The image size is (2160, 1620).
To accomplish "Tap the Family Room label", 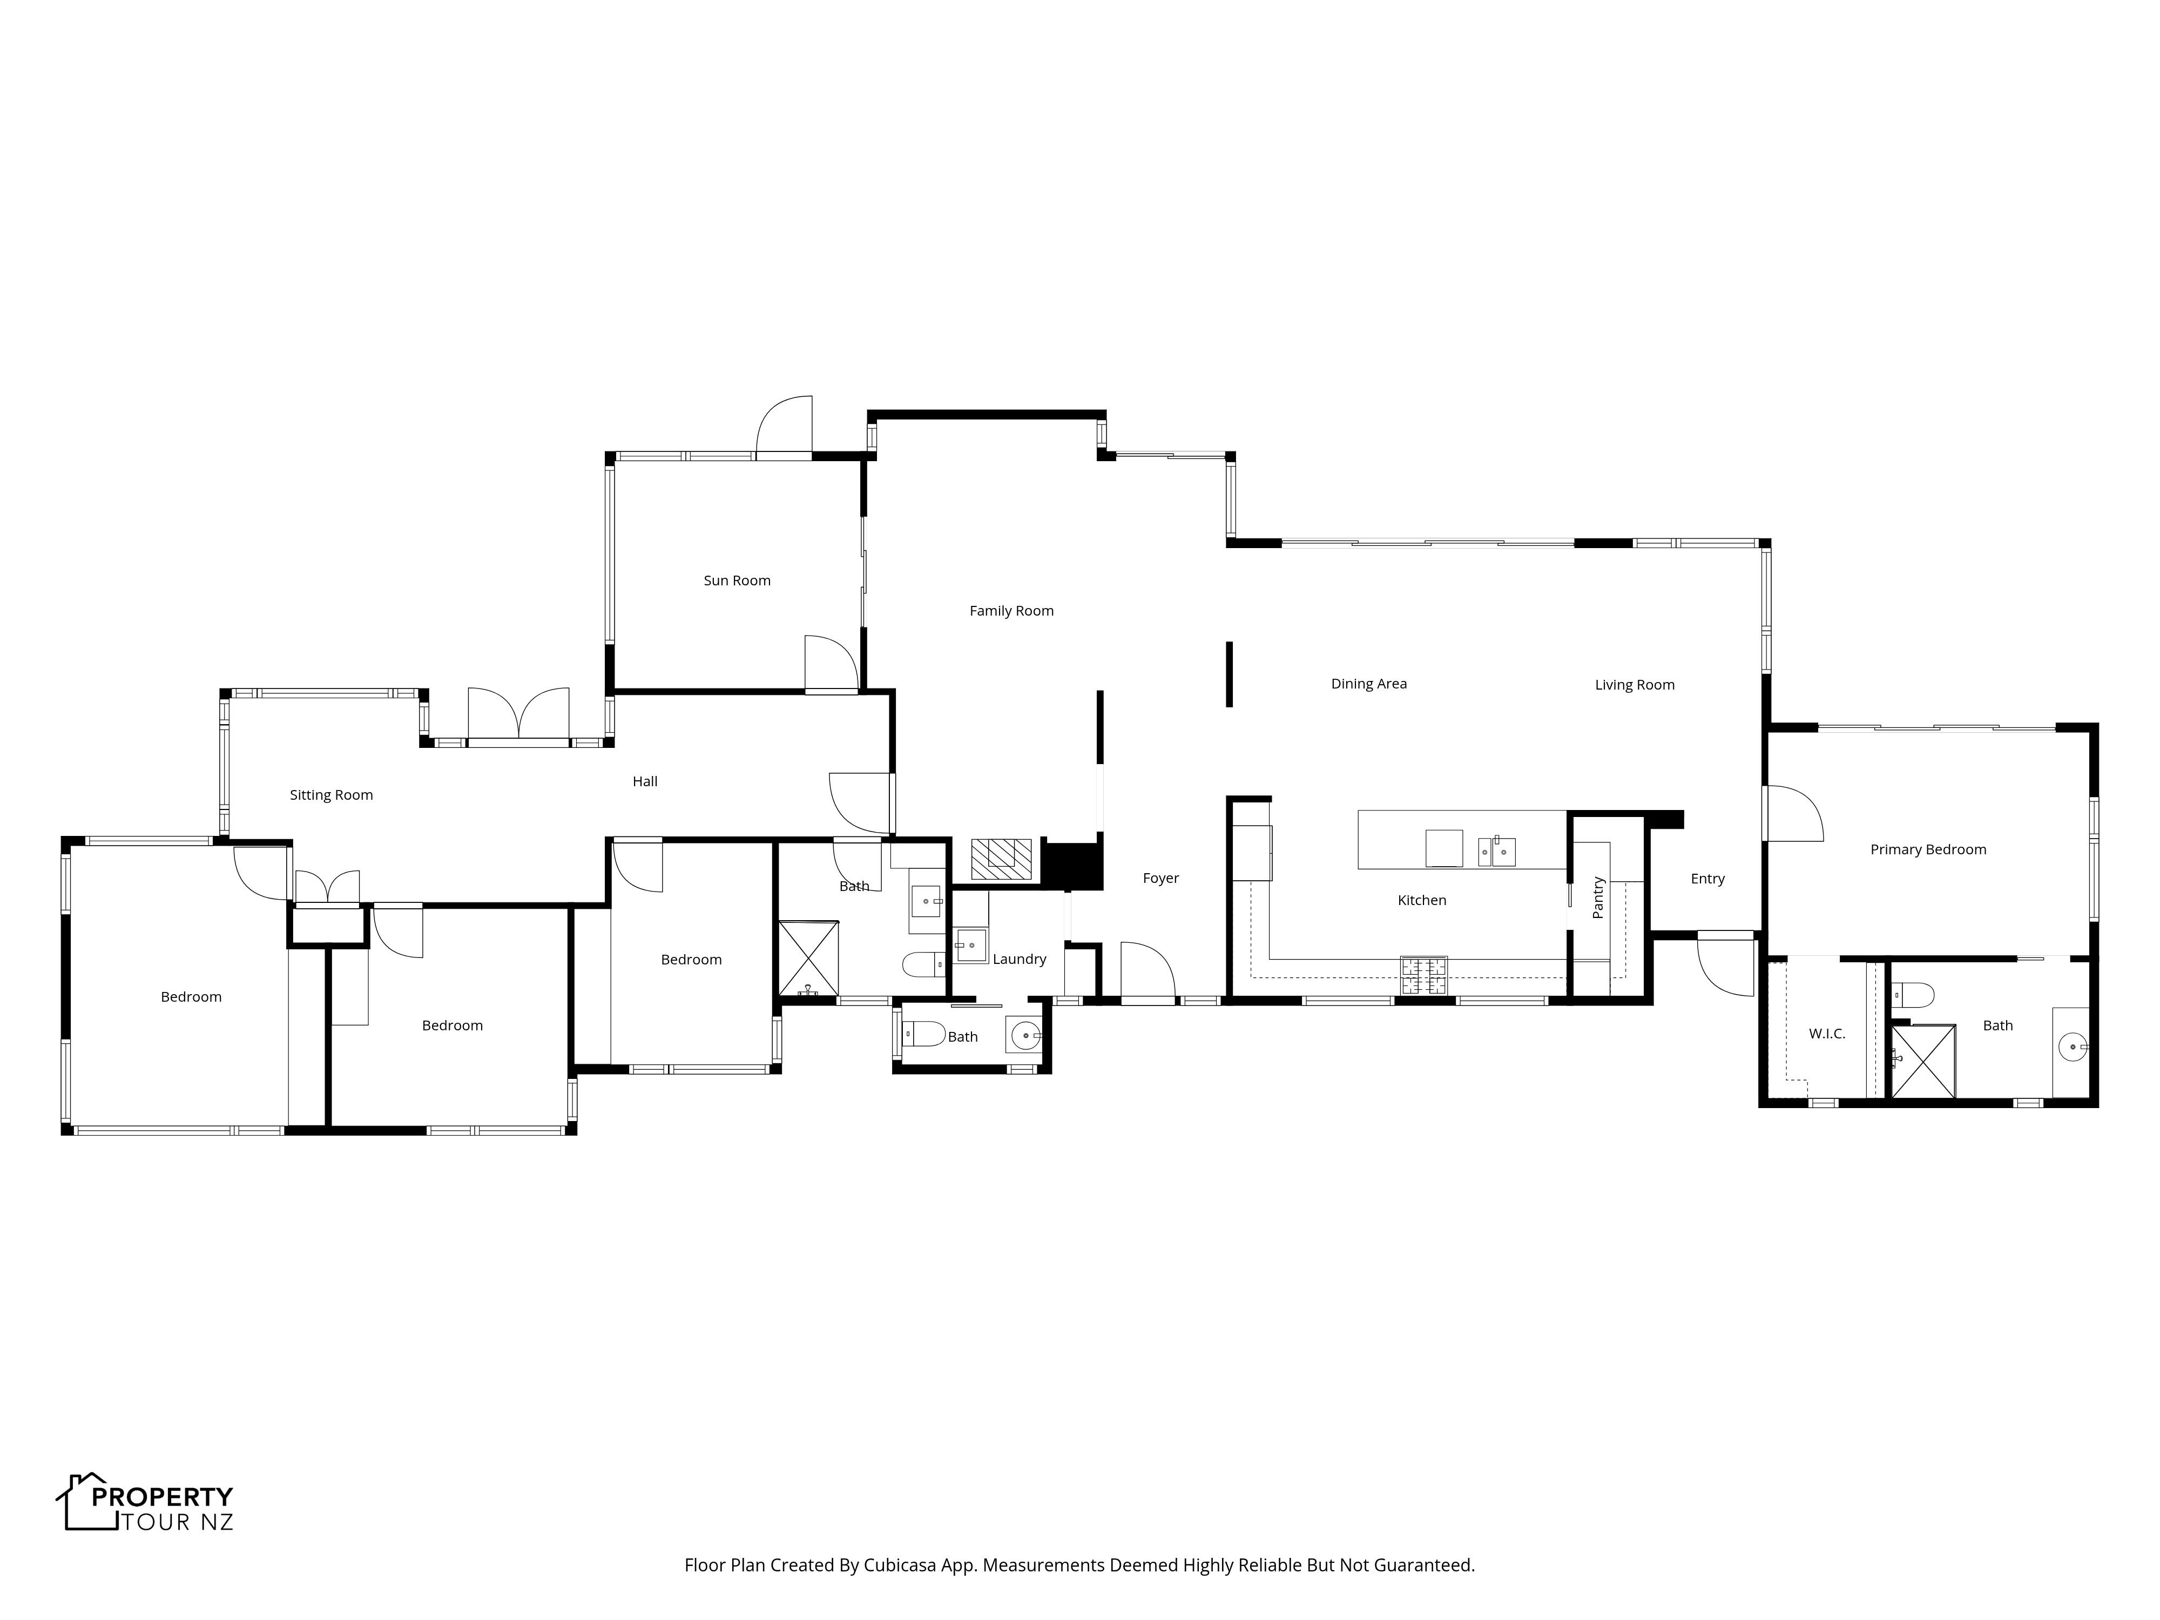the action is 1011,611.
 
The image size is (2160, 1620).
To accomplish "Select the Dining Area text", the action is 1369,684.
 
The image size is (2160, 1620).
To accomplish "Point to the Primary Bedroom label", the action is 1928,849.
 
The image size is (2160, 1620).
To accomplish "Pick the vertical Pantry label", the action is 1598,897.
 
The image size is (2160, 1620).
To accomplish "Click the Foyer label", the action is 1161,878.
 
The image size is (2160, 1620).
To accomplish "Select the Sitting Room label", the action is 331,795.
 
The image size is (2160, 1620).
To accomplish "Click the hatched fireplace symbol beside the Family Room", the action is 1001,859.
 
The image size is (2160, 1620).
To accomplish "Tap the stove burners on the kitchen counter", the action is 1424,975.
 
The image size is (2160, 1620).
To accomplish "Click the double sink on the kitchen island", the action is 1496,852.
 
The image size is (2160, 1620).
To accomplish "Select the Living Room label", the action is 1635,685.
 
